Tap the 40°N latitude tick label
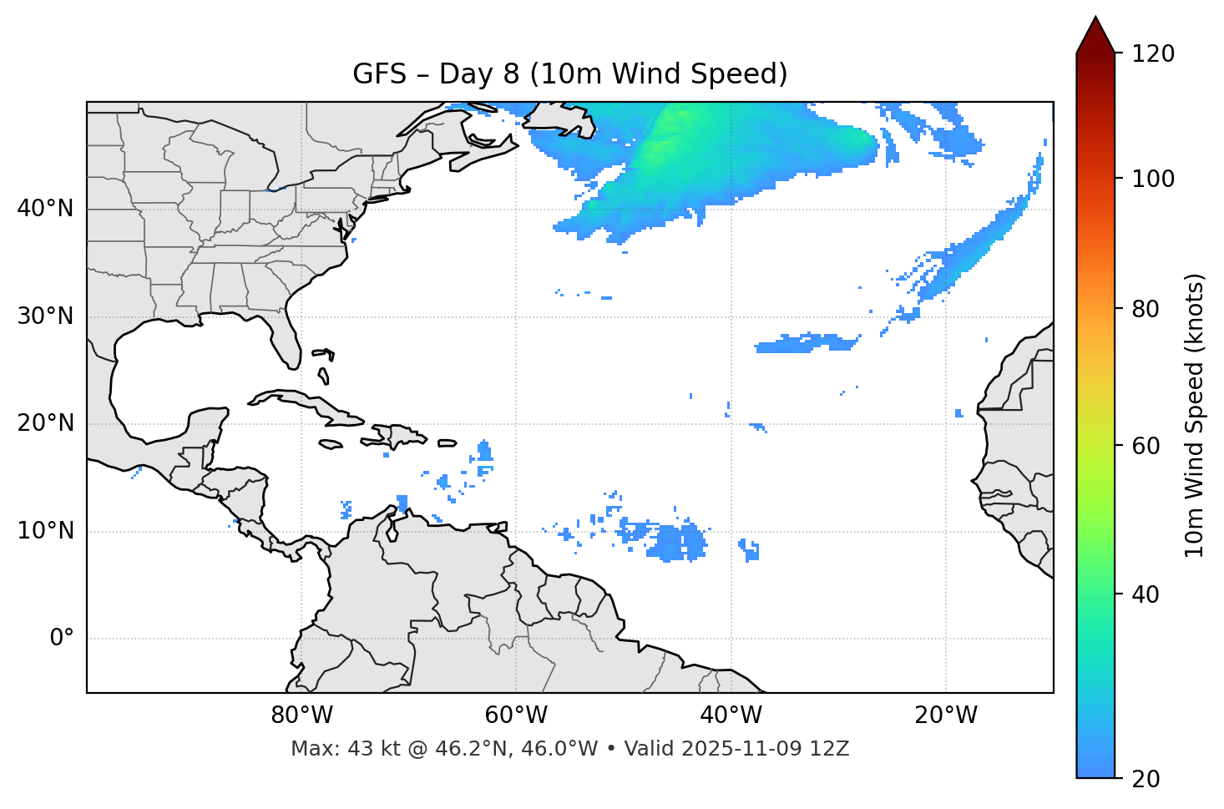point(45,209)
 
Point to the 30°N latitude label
point(45,316)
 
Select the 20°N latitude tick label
point(45,423)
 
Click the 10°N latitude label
point(45,531)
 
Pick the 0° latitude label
point(61,639)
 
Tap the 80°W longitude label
point(301,715)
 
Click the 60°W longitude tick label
point(515,715)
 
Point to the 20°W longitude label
point(945,715)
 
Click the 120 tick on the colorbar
point(1153,53)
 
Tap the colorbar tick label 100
point(1153,179)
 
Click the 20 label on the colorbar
point(1146,779)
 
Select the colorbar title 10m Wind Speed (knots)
point(1194,415)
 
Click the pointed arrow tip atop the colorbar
point(1095,19)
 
